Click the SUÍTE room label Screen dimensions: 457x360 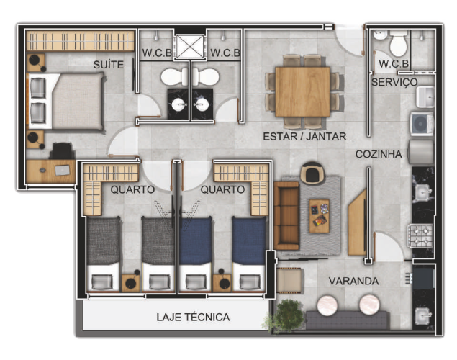(x=109, y=64)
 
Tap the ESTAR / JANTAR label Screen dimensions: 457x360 (x=304, y=136)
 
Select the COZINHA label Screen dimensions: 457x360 (x=379, y=154)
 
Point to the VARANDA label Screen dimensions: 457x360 (x=353, y=281)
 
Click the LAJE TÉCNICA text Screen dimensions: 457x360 (x=193, y=317)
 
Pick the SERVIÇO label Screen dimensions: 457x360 (x=394, y=82)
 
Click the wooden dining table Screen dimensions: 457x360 (x=302, y=92)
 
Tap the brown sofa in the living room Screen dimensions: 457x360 (x=286, y=216)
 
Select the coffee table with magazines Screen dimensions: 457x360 (x=319, y=216)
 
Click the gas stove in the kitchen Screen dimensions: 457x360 (x=420, y=235)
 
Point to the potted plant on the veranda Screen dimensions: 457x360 (x=287, y=315)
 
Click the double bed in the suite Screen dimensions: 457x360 (x=65, y=101)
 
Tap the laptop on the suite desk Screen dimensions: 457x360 (x=63, y=170)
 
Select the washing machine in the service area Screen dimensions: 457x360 (x=422, y=124)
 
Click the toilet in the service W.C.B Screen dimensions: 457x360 (x=398, y=43)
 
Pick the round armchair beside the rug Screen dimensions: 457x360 (x=312, y=173)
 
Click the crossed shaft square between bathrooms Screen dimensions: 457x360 (x=190, y=46)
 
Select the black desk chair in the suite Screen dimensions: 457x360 (x=62, y=150)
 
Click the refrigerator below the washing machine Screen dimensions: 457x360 (x=421, y=152)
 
